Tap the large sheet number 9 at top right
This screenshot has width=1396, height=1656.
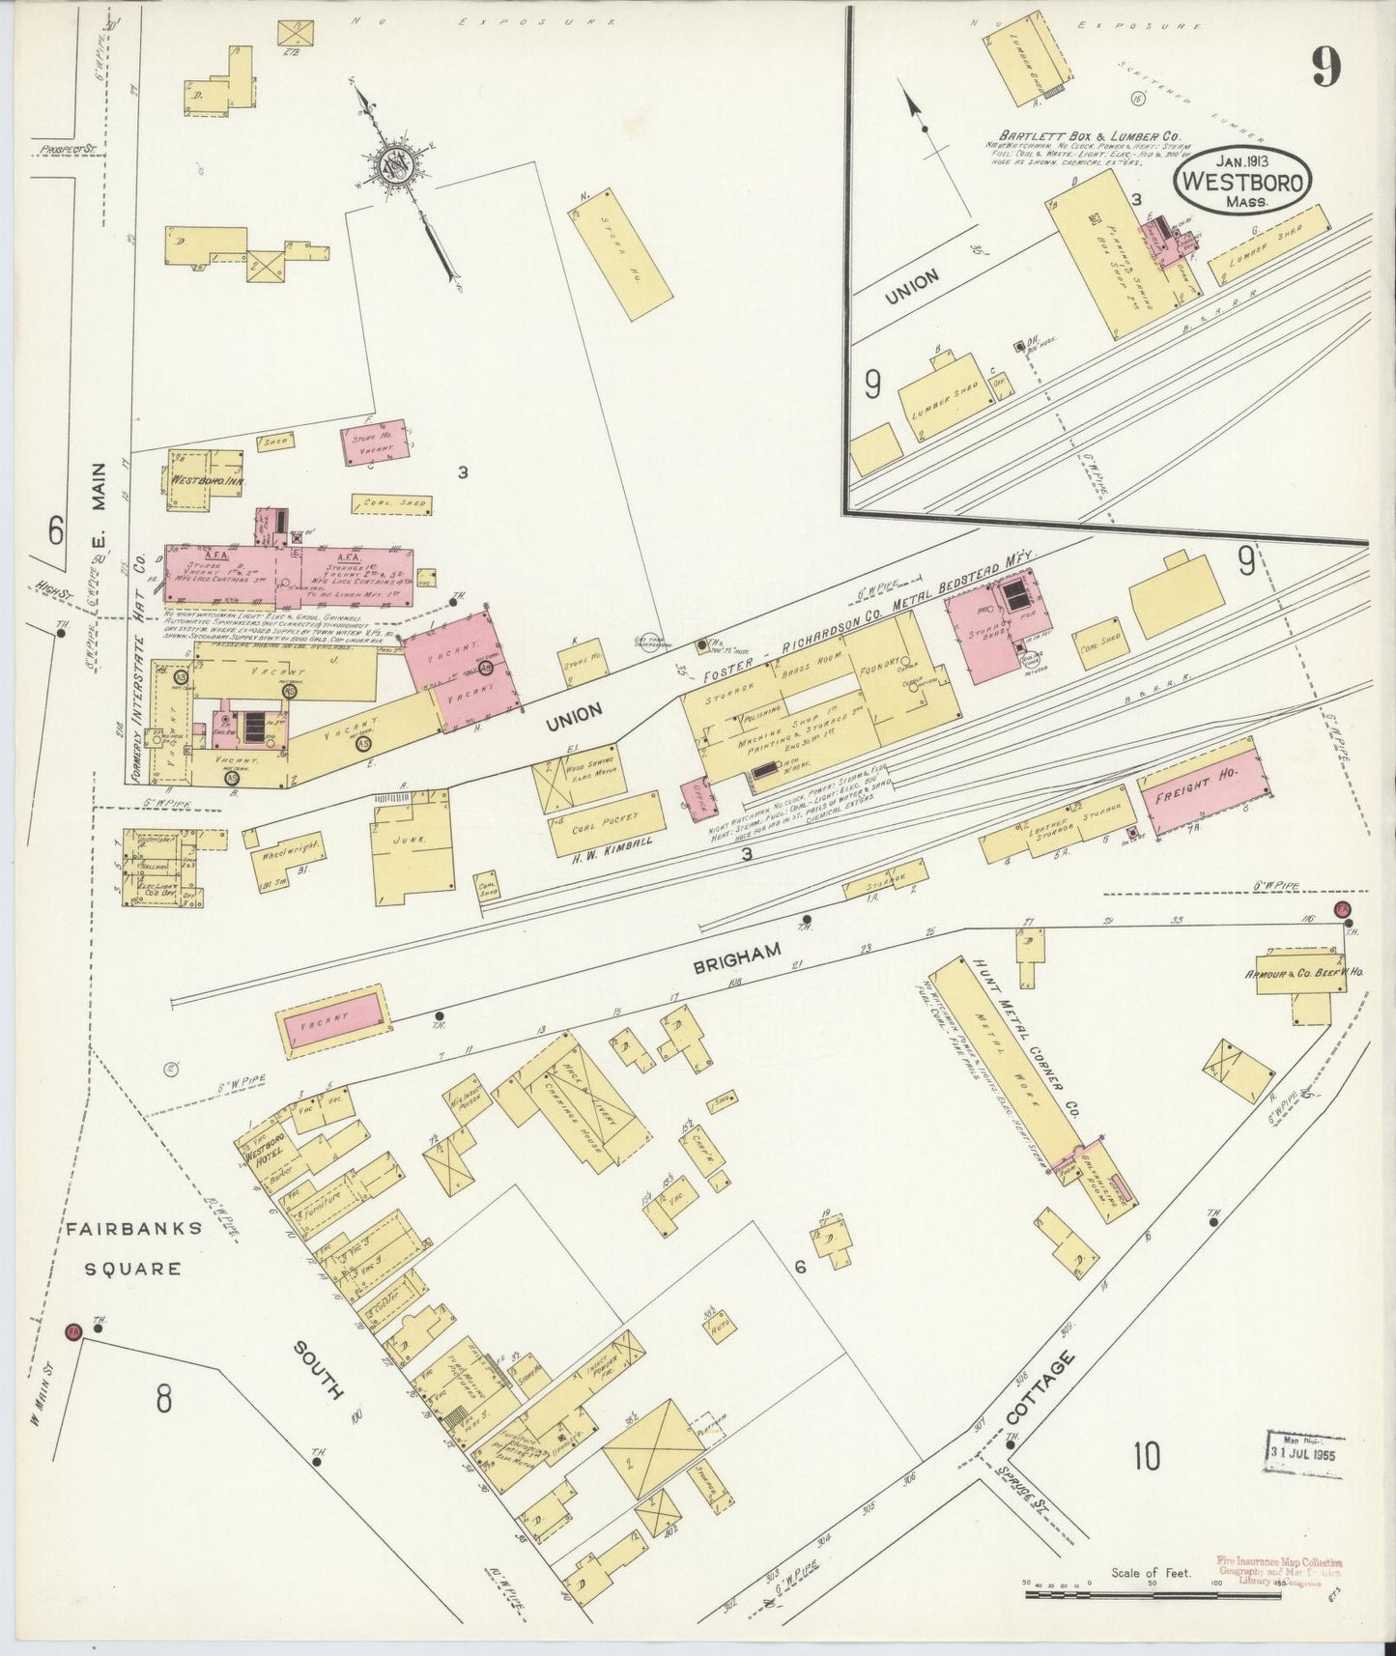1325,68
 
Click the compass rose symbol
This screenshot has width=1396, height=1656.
398,161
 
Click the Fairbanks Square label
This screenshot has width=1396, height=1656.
134,1247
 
